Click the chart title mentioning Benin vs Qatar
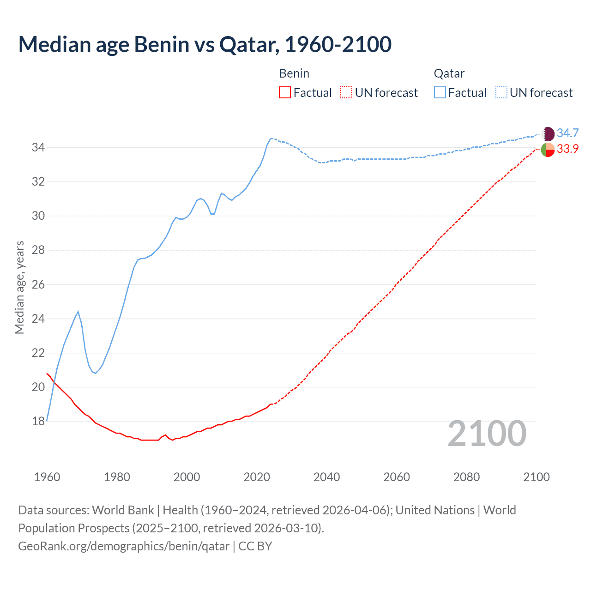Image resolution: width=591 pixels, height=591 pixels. click(x=205, y=44)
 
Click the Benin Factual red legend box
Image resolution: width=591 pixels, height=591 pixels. click(x=285, y=93)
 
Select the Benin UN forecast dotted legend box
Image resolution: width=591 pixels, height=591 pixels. click(x=346, y=93)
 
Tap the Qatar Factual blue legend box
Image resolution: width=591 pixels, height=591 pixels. click(x=440, y=93)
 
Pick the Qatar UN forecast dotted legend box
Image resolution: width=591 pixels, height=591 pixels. click(x=501, y=93)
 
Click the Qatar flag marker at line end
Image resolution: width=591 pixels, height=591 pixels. click(x=548, y=134)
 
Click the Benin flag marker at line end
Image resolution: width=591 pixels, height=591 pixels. click(x=548, y=150)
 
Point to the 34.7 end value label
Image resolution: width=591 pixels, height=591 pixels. click(x=567, y=133)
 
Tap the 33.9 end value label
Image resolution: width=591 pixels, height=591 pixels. click(x=567, y=149)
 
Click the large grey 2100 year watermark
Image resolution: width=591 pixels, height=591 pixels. click(x=487, y=434)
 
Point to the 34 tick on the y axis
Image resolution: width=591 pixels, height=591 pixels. click(x=38, y=148)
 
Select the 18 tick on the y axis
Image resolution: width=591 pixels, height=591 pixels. click(x=38, y=422)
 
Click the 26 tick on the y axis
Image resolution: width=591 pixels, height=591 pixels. click(x=38, y=284)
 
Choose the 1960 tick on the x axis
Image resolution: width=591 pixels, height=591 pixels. click(x=47, y=477)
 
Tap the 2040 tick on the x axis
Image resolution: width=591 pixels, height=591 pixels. click(x=326, y=477)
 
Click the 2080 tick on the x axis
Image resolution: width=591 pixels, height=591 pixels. click(x=466, y=477)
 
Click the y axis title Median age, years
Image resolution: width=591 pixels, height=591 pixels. click(x=19, y=287)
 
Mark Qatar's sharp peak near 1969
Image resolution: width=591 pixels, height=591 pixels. click(x=78, y=312)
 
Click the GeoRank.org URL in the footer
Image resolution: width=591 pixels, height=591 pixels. click(x=124, y=546)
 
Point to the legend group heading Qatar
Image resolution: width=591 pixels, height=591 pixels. click(x=449, y=73)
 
